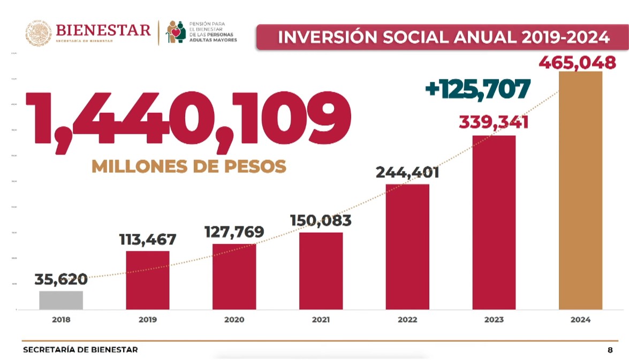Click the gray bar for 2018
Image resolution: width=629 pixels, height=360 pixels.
pyautogui.click(x=61, y=300)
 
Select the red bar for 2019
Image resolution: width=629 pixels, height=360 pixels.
pyautogui.click(x=148, y=280)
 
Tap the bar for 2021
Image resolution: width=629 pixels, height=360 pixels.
pyautogui.click(x=321, y=271)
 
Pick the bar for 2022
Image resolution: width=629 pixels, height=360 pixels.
pyautogui.click(x=407, y=247)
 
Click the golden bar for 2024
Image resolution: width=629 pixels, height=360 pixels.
pyautogui.click(x=580, y=190)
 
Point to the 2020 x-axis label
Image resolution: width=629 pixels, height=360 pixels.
pyautogui.click(x=234, y=320)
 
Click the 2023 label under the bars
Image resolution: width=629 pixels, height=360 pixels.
pyautogui.click(x=494, y=320)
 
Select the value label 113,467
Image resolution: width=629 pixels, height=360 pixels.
pyautogui.click(x=148, y=239)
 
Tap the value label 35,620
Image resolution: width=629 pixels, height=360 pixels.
pyautogui.click(x=61, y=279)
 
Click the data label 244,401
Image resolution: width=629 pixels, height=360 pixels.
pyautogui.click(x=407, y=173)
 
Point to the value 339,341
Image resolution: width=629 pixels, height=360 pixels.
pyautogui.click(x=494, y=122)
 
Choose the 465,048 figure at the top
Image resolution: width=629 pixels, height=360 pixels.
pyautogui.click(x=577, y=63)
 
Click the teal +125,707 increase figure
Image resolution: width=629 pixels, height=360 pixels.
pyautogui.click(x=478, y=89)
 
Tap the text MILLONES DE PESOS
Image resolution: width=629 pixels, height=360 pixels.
pyautogui.click(x=189, y=166)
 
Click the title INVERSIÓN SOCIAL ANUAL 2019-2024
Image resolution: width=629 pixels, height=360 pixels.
pyautogui.click(x=444, y=37)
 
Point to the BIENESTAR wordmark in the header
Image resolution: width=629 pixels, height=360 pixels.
pyautogui.click(x=103, y=30)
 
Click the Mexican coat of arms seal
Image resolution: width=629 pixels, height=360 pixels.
pyautogui.click(x=39, y=33)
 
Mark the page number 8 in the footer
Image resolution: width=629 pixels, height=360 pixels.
pyautogui.click(x=610, y=350)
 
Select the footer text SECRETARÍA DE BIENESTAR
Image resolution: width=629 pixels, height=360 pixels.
pyautogui.click(x=80, y=350)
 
